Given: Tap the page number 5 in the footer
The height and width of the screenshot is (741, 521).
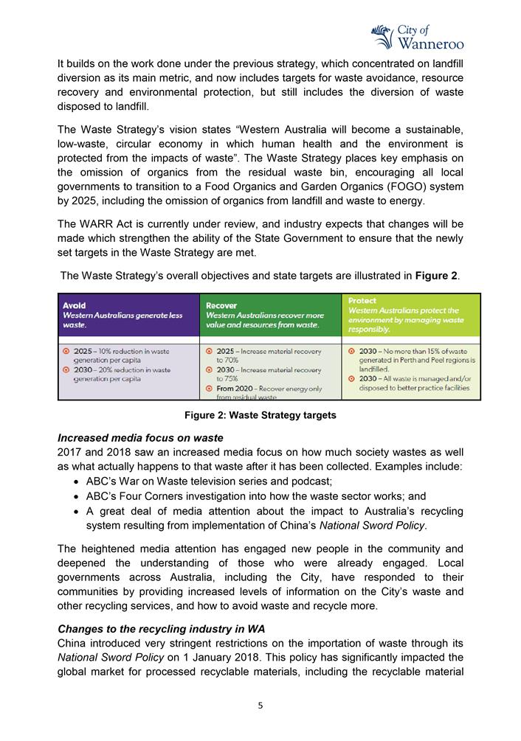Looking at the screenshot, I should pos(260,705).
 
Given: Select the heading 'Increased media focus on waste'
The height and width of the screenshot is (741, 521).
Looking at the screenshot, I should pos(140,438).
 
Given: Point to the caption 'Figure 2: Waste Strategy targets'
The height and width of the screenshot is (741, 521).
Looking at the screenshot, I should pos(260,416).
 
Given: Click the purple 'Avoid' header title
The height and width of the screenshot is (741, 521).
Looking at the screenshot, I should pos(75,305).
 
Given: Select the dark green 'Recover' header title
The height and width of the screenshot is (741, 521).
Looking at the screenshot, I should pos(221,305).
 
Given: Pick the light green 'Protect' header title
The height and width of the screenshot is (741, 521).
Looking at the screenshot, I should pos(362,301).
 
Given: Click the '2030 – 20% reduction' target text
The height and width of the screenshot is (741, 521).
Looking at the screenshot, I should pos(122,370).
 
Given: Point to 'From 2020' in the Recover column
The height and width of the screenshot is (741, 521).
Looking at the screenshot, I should pos(235,389).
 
